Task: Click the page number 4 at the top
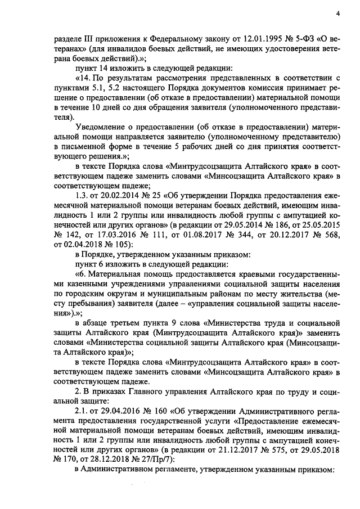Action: [x=337, y=13]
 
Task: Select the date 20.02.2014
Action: [x=118, y=195]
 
